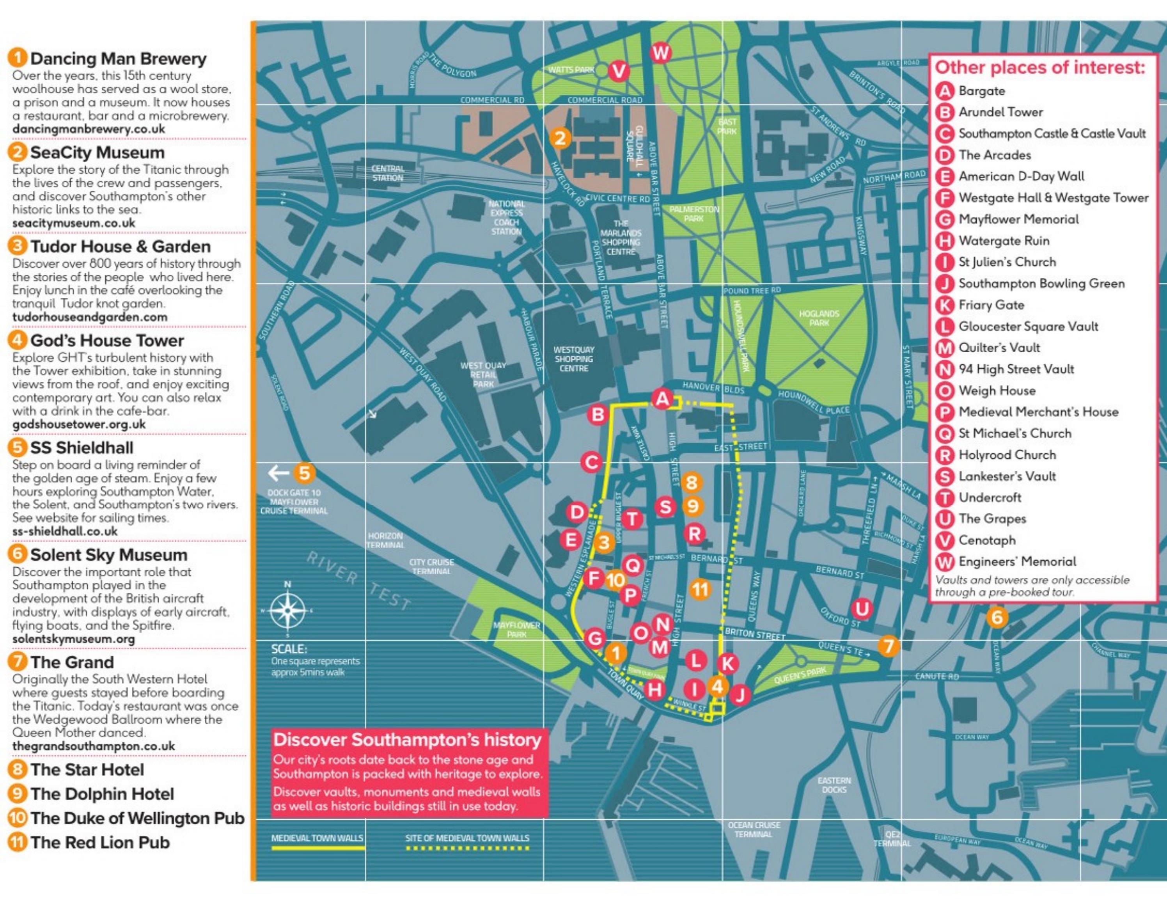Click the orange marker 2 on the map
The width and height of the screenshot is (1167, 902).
(560, 138)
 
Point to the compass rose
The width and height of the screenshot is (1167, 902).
(287, 611)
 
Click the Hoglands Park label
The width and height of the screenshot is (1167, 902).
(819, 318)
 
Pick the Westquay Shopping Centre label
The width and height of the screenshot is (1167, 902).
(573, 359)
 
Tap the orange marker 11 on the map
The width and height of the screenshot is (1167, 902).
(699, 589)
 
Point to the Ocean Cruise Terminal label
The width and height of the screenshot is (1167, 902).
(754, 829)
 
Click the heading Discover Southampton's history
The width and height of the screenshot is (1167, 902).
(407, 740)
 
